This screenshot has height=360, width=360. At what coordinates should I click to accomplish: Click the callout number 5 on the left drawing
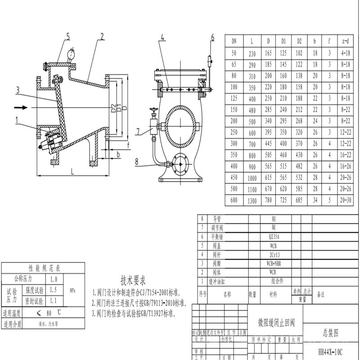68,37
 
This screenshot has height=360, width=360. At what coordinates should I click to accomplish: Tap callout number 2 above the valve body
102,36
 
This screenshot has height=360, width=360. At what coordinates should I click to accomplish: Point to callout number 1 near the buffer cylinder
17,120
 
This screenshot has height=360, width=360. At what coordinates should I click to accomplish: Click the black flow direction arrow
22,108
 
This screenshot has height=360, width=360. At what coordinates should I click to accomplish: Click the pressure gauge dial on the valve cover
72,54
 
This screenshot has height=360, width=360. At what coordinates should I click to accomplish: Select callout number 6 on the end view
213,37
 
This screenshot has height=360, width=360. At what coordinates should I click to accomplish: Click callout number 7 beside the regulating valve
139,131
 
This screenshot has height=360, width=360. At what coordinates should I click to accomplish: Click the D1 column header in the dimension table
283,41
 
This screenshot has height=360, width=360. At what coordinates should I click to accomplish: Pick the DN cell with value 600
234,201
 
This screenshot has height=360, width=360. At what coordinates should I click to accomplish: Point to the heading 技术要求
133,279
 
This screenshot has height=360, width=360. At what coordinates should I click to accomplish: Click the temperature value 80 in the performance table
49,312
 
